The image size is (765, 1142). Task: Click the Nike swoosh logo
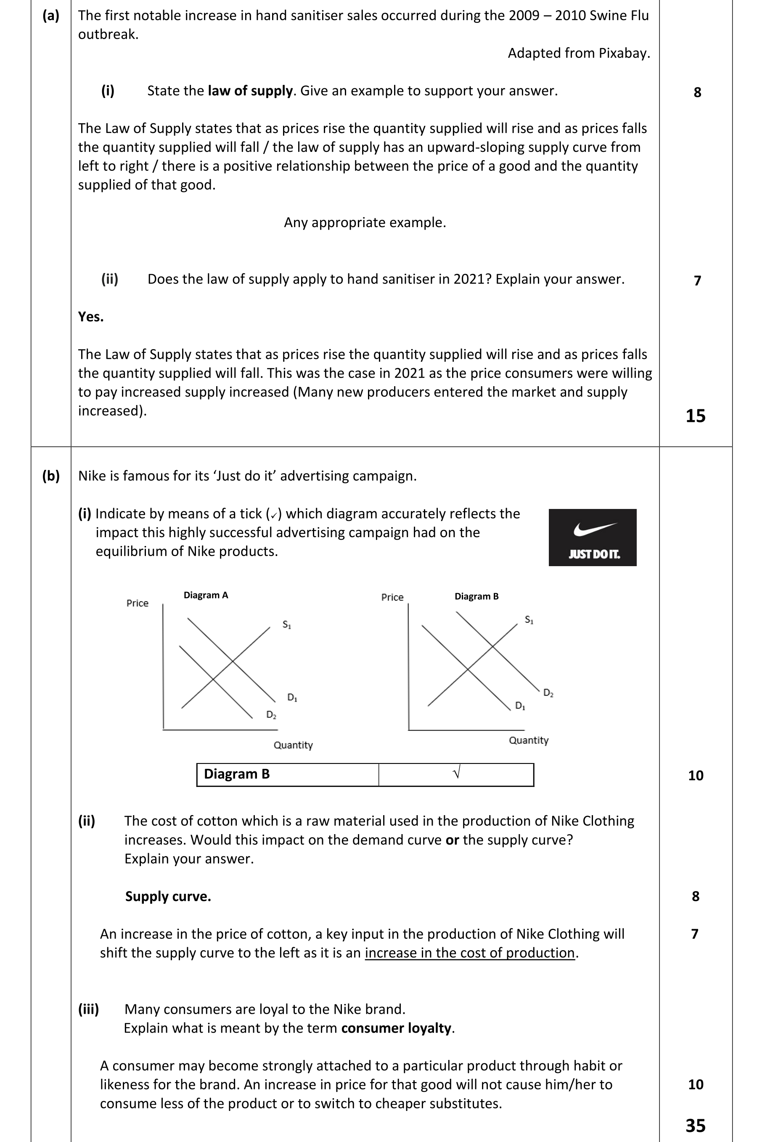coord(595,529)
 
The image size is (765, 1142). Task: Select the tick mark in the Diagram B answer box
coord(457,773)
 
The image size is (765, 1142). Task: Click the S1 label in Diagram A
coord(287,625)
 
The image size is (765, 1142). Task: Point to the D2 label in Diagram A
coord(271,715)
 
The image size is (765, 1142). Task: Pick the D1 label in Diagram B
coord(520,706)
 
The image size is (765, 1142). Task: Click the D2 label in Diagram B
coord(548,693)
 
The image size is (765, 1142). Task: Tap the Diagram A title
coord(205,595)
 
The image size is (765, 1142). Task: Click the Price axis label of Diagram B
coord(392,597)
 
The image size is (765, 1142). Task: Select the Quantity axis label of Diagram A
coord(293,745)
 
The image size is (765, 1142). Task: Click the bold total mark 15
coord(695,416)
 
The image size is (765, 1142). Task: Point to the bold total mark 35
coord(695,1126)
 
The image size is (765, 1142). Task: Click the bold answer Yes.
coord(91,317)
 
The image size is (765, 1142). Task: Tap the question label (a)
coord(51,16)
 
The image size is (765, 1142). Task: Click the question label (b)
coord(51,476)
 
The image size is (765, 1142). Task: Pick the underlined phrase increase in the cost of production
coord(470,953)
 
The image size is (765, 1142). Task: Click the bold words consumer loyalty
coord(396,1028)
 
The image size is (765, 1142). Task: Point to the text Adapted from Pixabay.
coord(579,53)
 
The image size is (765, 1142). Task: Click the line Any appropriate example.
coord(365,223)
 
